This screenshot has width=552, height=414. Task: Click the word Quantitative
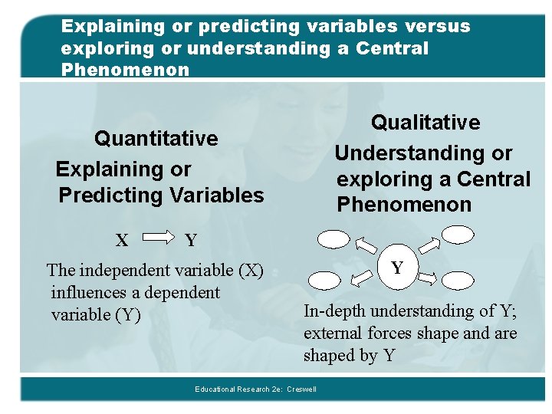coord(156,139)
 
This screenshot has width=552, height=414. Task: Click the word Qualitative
coord(426,123)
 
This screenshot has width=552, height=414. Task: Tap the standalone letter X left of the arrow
coord(121,241)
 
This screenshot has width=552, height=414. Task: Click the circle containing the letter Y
coord(397,268)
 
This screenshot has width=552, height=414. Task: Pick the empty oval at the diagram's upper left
coord(334,239)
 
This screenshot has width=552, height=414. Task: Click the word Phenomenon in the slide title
coord(125,70)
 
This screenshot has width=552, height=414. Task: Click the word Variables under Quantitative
coord(214,195)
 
